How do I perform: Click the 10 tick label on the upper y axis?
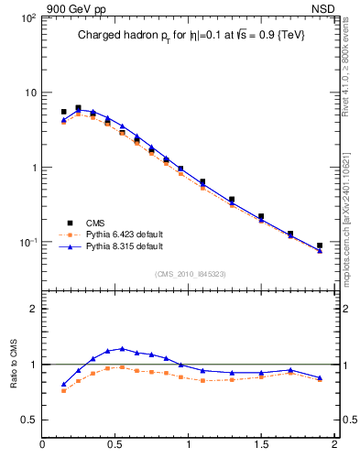pos(28,93)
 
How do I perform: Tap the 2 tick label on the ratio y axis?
pos(32,309)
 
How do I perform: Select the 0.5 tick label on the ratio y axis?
pos(27,420)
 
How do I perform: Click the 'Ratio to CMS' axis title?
pos(13,365)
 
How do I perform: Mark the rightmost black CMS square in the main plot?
pos(320,245)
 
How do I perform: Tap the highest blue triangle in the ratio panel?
pos(122,349)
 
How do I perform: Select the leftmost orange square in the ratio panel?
pos(63,390)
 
